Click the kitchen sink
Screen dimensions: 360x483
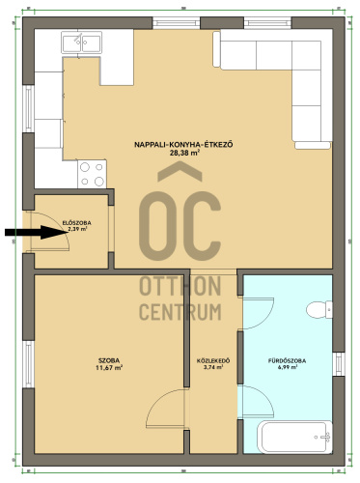tap(82, 43)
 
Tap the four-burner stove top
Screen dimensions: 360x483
tap(92, 174)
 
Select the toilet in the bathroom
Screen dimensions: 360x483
tap(319, 310)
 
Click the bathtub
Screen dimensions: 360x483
tap(296, 437)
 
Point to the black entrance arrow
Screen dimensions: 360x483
tap(36, 232)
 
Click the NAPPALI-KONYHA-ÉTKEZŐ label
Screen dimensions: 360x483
tap(183, 145)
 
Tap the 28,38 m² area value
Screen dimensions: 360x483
tap(183, 153)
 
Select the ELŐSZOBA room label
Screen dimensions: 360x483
tap(76, 223)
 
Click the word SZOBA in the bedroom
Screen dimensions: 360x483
tap(109, 360)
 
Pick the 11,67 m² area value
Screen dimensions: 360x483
tap(109, 368)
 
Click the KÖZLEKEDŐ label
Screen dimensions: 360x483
tap(213, 361)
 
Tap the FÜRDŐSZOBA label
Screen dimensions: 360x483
tap(288, 360)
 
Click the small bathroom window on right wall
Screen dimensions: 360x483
tap(339, 364)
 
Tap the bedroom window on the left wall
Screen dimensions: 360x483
tap(29, 364)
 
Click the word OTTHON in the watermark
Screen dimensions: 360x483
tap(180, 286)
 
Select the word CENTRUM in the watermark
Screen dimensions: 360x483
tap(180, 312)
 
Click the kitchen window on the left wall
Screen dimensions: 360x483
tap(29, 108)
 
